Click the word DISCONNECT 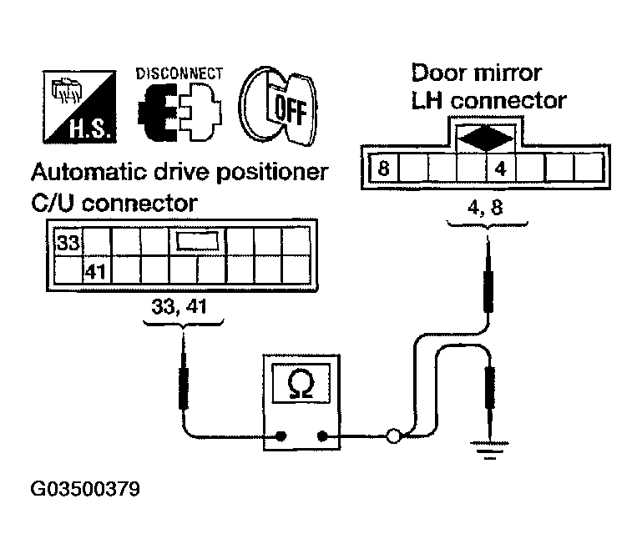click(x=179, y=73)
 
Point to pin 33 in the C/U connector click(x=68, y=244)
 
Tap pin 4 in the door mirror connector click(x=500, y=169)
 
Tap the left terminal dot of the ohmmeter click(x=281, y=436)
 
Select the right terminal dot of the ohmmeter click(x=322, y=436)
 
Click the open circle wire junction click(x=393, y=436)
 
